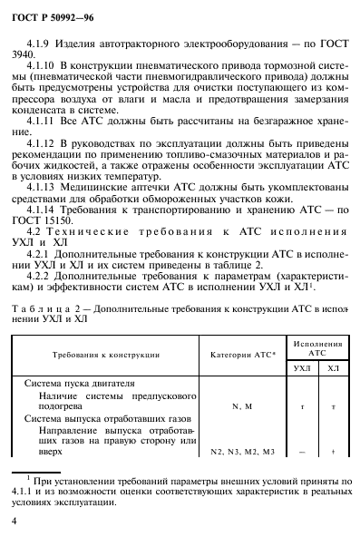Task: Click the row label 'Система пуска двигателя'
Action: (79, 384)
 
